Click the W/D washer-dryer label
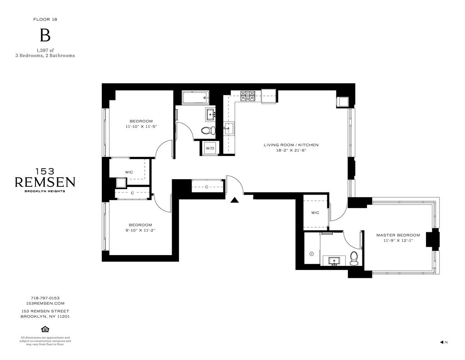210,148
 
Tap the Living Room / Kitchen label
291,145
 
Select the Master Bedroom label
398,235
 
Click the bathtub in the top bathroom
195,97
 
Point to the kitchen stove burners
247,95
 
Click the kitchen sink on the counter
229,129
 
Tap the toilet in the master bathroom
354,259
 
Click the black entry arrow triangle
235,200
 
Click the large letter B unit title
45,35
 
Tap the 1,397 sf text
45,50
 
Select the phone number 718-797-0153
45,298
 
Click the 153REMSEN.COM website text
45,303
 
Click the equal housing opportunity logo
45,329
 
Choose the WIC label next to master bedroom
315,212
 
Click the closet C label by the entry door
207,187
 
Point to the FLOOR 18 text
45,19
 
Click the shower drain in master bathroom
312,254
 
